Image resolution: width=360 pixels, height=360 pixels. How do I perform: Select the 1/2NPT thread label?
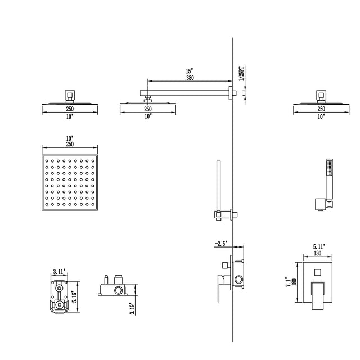pyautogui.click(x=241, y=72)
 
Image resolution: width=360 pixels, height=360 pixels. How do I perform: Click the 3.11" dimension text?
pyautogui.click(x=58, y=272)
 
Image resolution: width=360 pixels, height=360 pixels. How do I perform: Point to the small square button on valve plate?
pyautogui.click(x=318, y=272)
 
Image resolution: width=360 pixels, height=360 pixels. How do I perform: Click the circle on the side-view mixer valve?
pyautogui.click(x=240, y=279)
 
